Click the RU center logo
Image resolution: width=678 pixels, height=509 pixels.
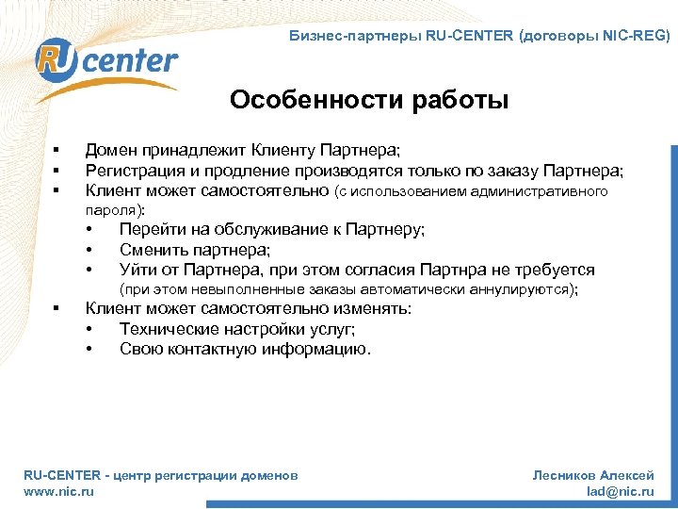[105, 61]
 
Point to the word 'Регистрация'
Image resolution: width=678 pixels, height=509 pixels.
[135, 171]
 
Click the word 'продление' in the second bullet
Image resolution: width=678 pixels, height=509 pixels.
[249, 171]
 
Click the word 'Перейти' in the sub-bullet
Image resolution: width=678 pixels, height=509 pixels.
[149, 229]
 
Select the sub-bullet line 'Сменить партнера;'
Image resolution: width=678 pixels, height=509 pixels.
[195, 250]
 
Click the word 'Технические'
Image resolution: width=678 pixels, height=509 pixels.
[168, 330]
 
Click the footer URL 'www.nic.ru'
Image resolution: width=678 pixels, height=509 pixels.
[58, 491]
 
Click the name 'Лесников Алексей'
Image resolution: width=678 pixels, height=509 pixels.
[593, 476]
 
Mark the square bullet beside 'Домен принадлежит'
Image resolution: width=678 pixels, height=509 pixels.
[56, 150]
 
